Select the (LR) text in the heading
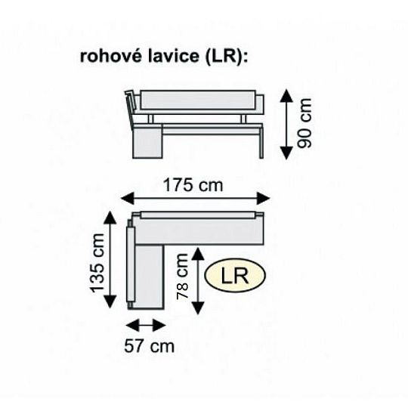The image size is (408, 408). point(225,57)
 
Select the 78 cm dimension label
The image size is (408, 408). point(182,279)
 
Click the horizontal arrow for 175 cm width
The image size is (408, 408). point(196,199)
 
